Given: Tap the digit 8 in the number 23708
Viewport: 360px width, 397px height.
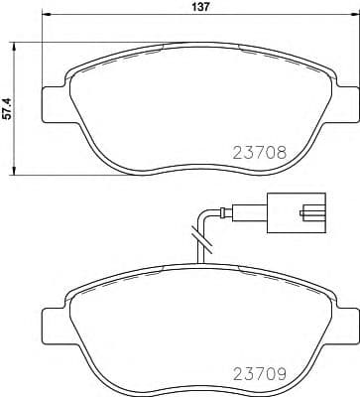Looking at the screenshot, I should click(x=281, y=154).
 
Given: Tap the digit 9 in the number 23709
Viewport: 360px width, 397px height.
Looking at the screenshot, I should click(x=281, y=374).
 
